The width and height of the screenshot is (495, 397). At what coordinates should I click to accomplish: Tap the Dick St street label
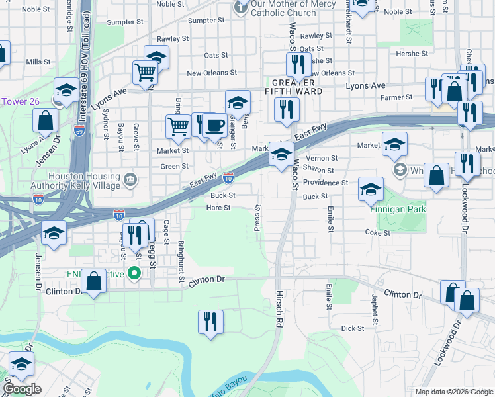(x=352, y=328)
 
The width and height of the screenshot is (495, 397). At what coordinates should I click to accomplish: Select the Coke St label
(x=377, y=232)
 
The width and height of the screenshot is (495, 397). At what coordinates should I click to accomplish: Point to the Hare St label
(x=218, y=208)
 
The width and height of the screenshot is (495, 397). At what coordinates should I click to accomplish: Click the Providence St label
(x=326, y=183)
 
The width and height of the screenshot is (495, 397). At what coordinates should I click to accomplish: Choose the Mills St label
(x=38, y=62)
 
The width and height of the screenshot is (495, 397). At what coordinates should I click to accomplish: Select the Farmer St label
(x=397, y=97)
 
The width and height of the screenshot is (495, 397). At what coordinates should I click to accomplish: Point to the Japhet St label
(x=375, y=309)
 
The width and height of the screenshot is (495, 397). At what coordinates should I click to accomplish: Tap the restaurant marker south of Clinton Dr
(x=210, y=322)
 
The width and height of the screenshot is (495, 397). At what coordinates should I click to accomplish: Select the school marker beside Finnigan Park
(x=371, y=189)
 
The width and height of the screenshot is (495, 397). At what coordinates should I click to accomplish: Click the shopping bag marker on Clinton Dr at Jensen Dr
(x=94, y=281)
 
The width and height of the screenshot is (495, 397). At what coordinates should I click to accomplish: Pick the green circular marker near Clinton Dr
(x=135, y=273)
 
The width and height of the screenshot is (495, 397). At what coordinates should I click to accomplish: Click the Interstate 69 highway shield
(x=79, y=132)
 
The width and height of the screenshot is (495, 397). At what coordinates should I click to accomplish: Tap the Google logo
(x=22, y=389)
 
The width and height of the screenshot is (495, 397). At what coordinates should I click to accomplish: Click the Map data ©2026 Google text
(x=454, y=392)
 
